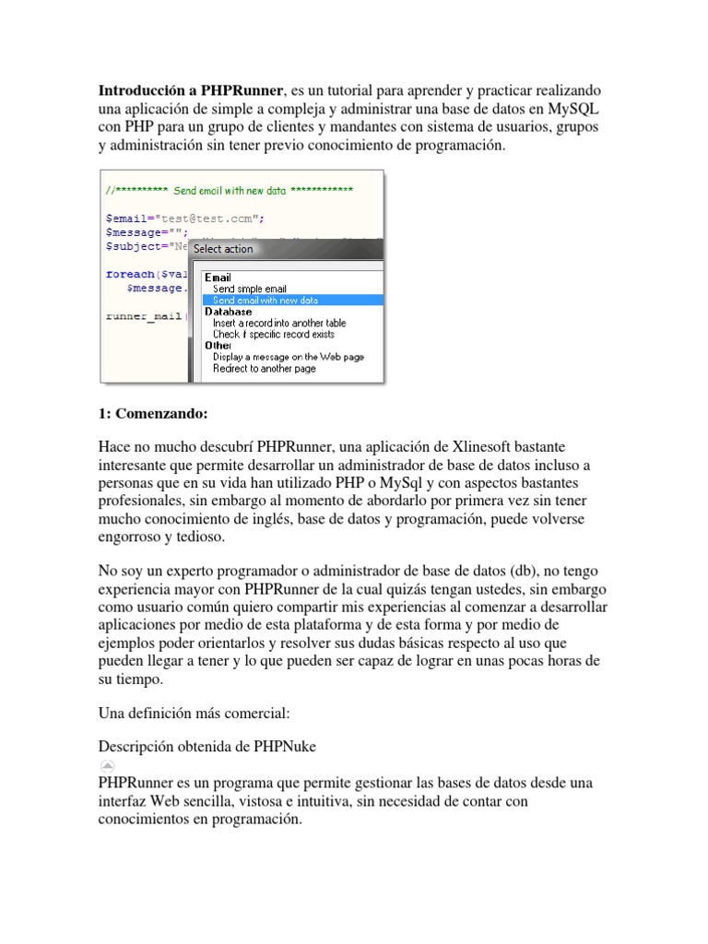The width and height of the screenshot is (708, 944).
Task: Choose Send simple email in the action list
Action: pyautogui.click(x=249, y=289)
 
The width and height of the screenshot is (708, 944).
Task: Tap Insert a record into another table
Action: pyautogui.click(x=279, y=324)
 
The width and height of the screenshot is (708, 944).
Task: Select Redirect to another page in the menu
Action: pyautogui.click(x=264, y=369)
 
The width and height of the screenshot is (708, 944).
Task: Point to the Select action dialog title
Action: pyautogui.click(x=223, y=249)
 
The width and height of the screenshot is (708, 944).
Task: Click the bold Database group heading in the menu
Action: pyautogui.click(x=228, y=313)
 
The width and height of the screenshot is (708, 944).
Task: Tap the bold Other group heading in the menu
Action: pyautogui.click(x=218, y=346)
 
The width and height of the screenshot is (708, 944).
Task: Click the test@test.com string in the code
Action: pyautogui.click(x=209, y=218)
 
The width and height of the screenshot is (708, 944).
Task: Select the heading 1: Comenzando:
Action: pyautogui.click(x=153, y=413)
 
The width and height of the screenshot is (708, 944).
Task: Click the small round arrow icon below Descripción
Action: pyautogui.click(x=107, y=765)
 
